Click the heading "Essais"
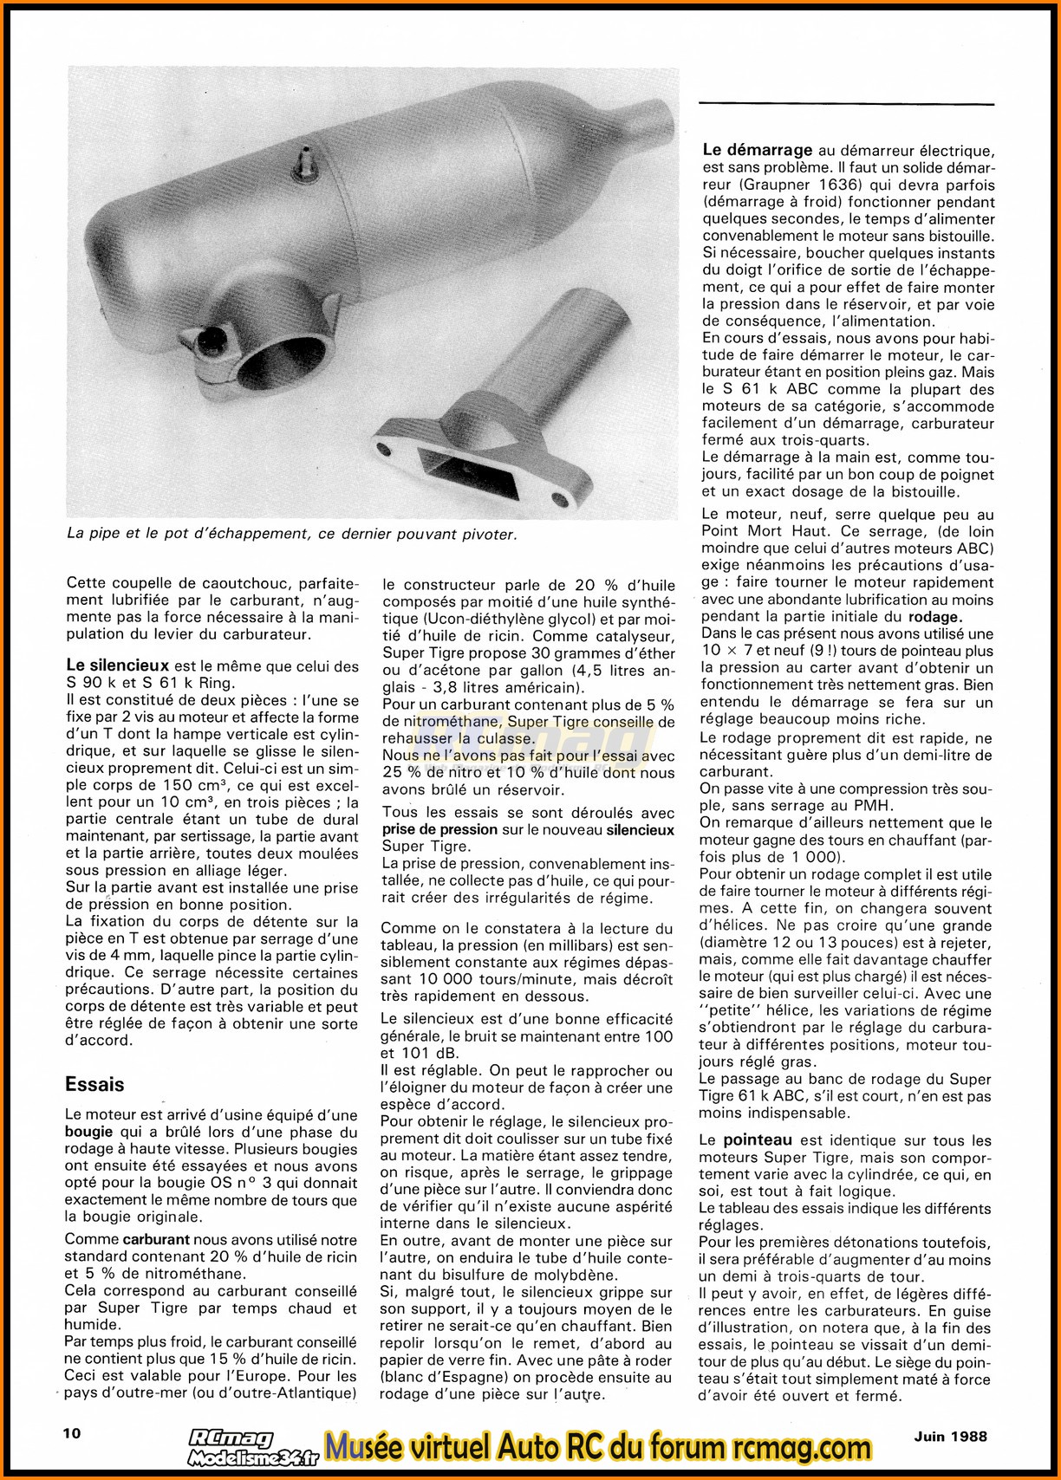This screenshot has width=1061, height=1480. [95, 1084]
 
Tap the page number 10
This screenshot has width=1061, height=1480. [73, 1432]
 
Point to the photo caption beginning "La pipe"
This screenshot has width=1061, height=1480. [291, 534]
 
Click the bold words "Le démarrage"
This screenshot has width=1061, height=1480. [757, 150]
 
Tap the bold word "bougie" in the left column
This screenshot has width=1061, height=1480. [89, 1133]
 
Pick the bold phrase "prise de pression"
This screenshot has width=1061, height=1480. [439, 829]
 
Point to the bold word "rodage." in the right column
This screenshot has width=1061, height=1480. [934, 617]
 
